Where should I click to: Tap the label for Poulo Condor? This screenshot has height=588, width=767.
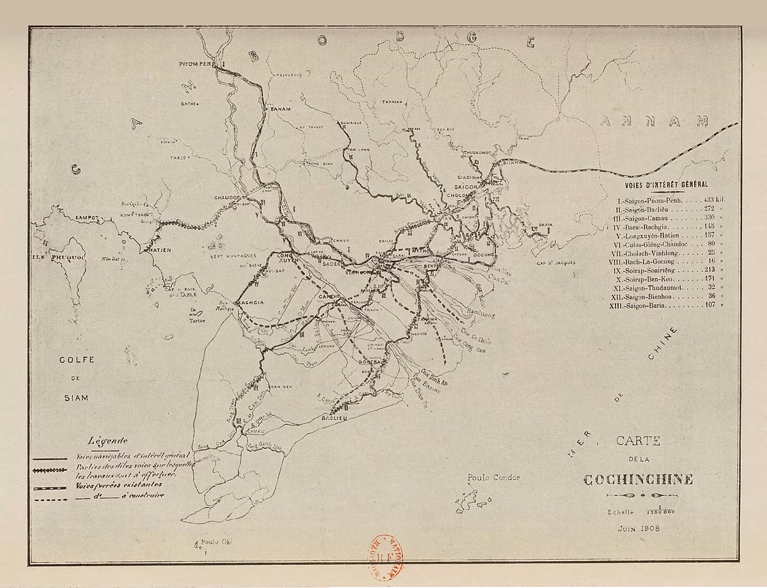click(x=493, y=477)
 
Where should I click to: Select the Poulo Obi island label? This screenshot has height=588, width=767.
click(x=213, y=541)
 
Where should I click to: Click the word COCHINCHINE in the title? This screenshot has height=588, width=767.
click(x=637, y=479)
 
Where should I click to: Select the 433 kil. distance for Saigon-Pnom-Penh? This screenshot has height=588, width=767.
click(x=713, y=199)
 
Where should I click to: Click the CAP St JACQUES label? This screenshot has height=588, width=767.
click(x=556, y=263)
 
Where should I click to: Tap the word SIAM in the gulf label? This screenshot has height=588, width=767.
click(x=76, y=397)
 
